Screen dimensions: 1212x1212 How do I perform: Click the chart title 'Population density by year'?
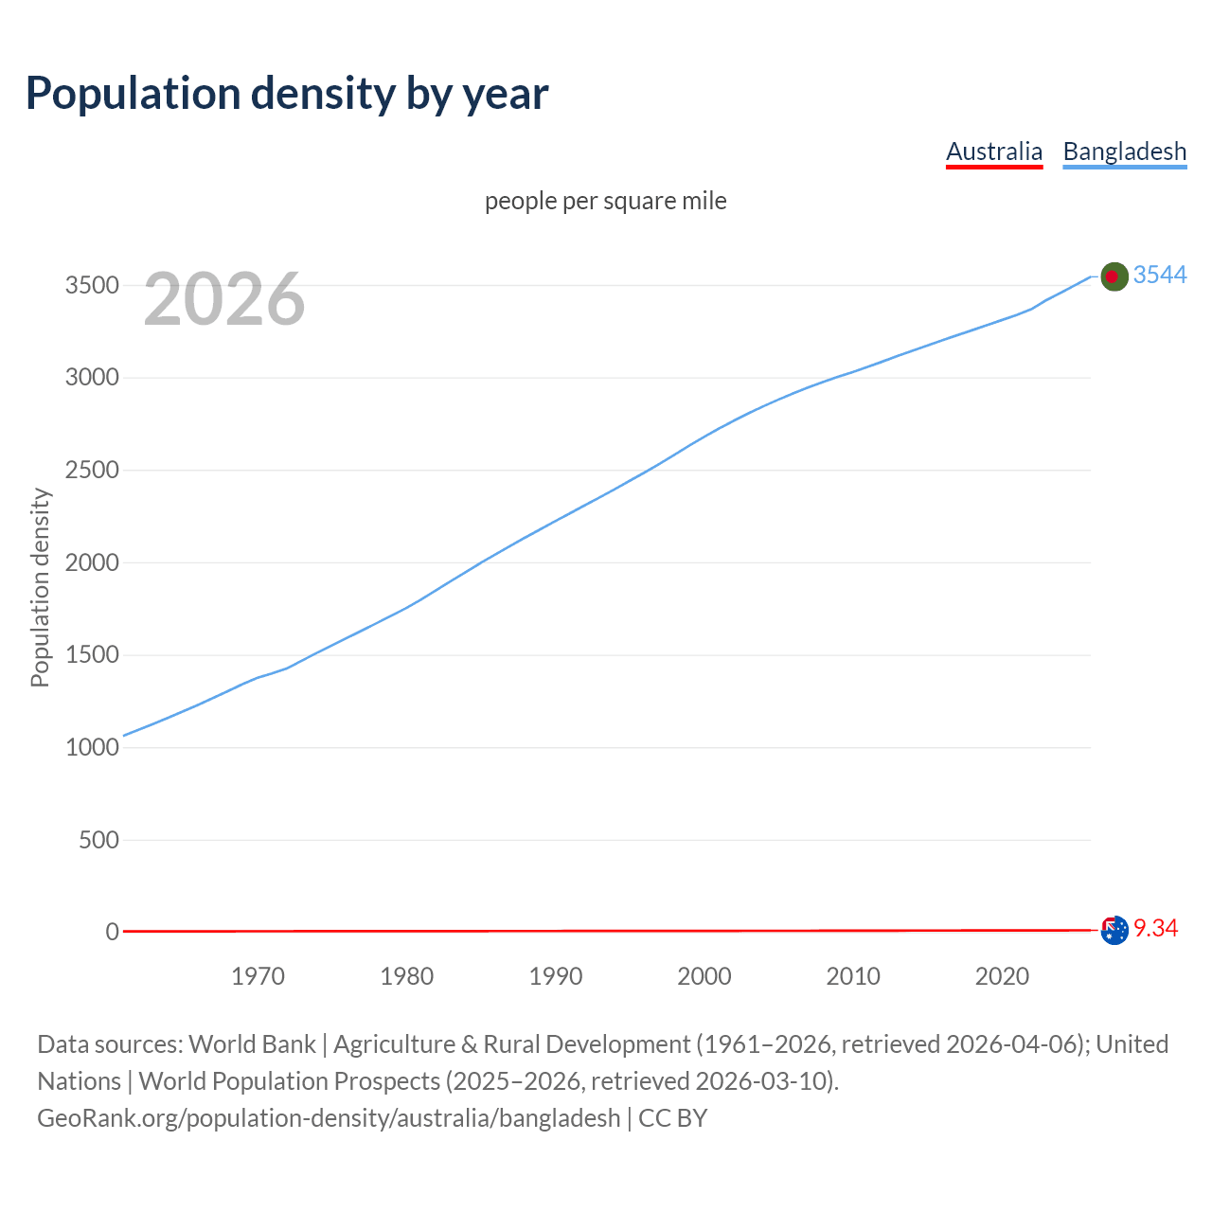(287, 94)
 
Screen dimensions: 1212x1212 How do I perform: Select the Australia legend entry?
(993, 151)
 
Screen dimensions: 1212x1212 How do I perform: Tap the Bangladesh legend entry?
(1124, 151)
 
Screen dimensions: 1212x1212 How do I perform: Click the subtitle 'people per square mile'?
(605, 202)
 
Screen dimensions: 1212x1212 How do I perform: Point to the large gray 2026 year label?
(224, 299)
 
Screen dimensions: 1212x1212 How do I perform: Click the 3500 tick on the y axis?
(92, 286)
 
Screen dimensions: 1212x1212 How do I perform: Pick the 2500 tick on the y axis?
(92, 471)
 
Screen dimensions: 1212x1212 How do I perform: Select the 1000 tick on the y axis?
(92, 748)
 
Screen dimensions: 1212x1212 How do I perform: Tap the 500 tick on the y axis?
(98, 840)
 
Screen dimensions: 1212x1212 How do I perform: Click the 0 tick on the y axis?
(113, 933)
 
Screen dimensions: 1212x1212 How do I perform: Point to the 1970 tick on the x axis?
(258, 976)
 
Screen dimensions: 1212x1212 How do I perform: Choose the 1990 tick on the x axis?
(556, 976)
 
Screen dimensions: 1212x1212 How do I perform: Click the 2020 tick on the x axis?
(1002, 976)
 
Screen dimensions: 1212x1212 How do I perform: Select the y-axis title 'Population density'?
(40, 587)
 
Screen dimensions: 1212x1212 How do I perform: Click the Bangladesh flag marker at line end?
(1114, 276)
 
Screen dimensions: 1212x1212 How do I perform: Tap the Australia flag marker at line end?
(1114, 930)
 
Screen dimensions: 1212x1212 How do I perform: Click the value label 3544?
(1159, 275)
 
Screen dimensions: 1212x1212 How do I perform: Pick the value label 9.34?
(1155, 929)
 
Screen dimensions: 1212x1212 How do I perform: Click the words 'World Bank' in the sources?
(252, 1044)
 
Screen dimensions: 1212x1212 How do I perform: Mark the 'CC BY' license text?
(672, 1118)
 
